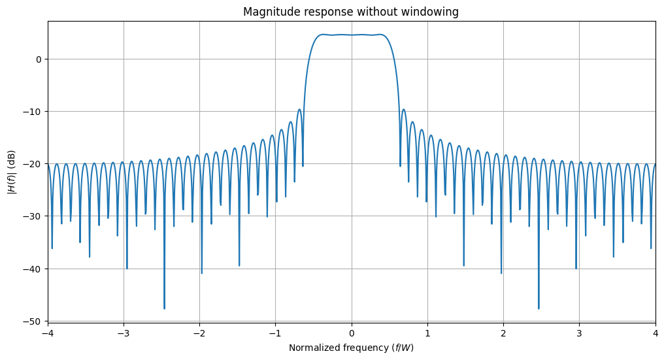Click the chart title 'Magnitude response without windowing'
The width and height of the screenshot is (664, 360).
click(351, 12)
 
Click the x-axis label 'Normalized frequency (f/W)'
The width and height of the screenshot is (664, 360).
click(351, 348)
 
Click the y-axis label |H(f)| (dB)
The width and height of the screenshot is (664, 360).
click(11, 171)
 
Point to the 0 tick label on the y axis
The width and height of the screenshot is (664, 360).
click(38, 59)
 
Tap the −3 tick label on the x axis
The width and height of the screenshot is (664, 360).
click(124, 333)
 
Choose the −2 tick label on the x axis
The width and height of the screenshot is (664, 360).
click(199, 333)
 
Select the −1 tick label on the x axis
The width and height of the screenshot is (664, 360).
click(275, 333)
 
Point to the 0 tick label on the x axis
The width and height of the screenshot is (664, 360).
click(352, 333)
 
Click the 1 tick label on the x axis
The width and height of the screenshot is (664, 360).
click(427, 333)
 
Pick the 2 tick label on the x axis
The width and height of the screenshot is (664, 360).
click(503, 333)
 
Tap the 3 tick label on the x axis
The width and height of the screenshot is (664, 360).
click(579, 333)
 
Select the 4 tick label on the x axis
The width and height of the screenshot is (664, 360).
click(655, 333)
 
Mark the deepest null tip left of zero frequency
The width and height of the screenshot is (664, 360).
click(164, 308)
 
